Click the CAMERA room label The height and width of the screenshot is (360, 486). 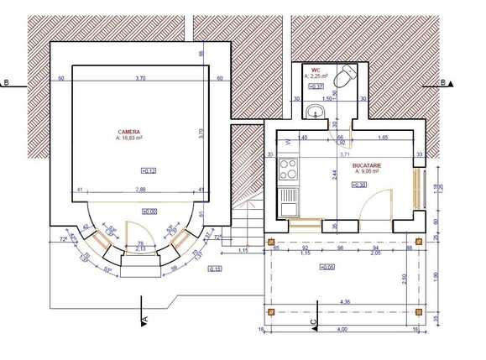point(129,132)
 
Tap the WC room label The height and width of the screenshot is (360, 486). point(316,70)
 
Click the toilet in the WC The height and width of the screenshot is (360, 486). point(342,80)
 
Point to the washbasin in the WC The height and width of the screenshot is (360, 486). point(316,112)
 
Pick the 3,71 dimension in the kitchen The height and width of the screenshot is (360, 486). point(343,154)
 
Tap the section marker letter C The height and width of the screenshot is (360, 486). point(313,321)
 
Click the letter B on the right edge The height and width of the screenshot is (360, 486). point(442,82)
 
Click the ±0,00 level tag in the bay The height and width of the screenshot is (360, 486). point(148,212)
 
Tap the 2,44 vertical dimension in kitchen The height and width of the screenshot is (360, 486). point(334,175)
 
